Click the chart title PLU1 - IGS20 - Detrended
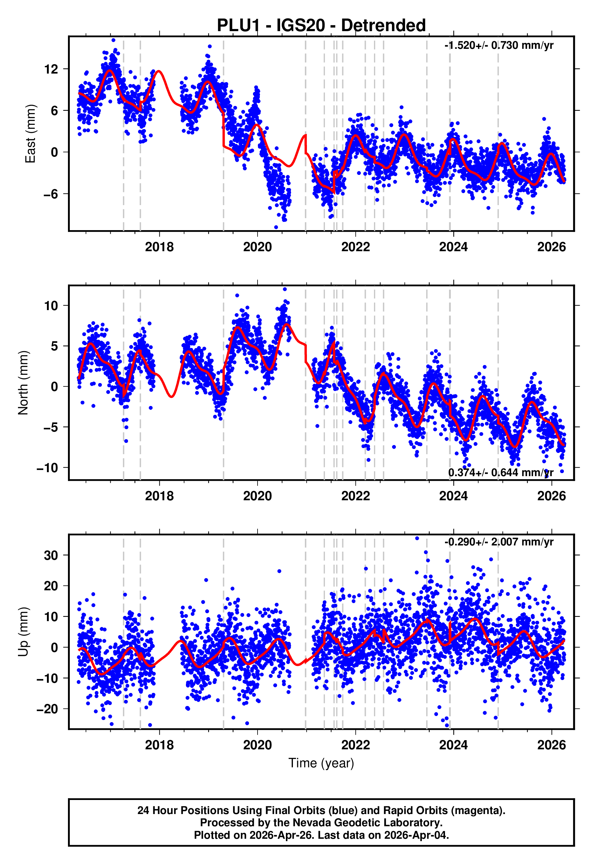click(x=321, y=26)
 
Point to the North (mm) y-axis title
click(x=23, y=383)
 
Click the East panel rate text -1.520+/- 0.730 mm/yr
click(x=499, y=45)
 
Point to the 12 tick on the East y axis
click(x=51, y=69)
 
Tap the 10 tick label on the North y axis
click(x=51, y=306)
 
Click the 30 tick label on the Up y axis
click(x=51, y=555)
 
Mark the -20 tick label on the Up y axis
click(x=47, y=709)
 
